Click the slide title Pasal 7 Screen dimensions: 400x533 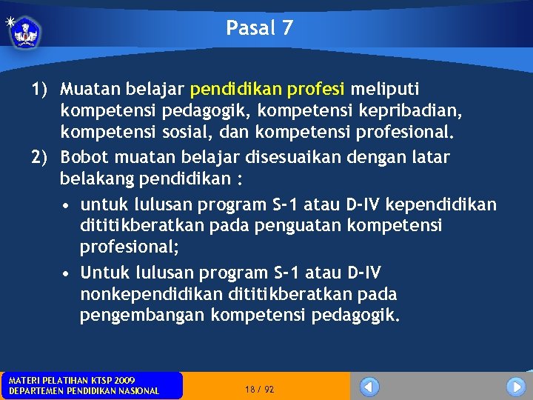260,28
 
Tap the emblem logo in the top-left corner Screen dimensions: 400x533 26,32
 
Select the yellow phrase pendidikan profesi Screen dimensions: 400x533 267,90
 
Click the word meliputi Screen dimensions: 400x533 384,90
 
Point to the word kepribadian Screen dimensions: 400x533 432,112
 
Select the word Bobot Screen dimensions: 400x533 83,158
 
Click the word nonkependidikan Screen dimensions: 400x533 152,294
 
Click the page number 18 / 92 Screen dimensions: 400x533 259,389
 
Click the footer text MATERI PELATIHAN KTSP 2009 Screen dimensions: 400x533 71,380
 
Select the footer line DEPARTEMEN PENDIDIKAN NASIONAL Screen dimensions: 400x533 83,391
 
